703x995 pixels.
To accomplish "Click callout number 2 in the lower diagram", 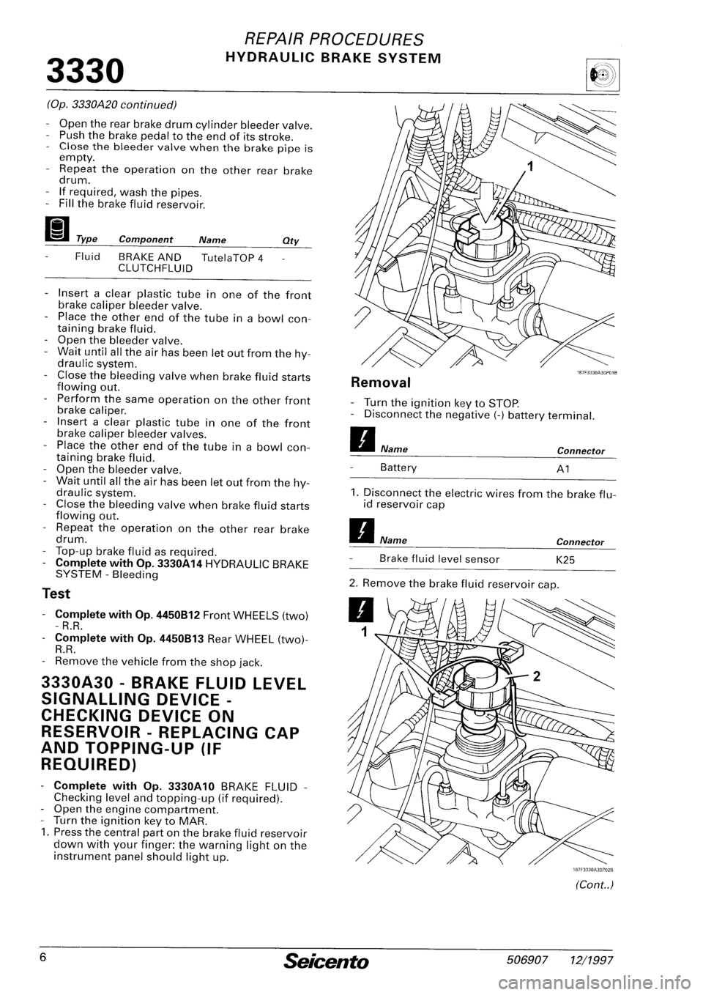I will point(536,656).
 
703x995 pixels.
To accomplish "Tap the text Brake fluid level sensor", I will point(439,559).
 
